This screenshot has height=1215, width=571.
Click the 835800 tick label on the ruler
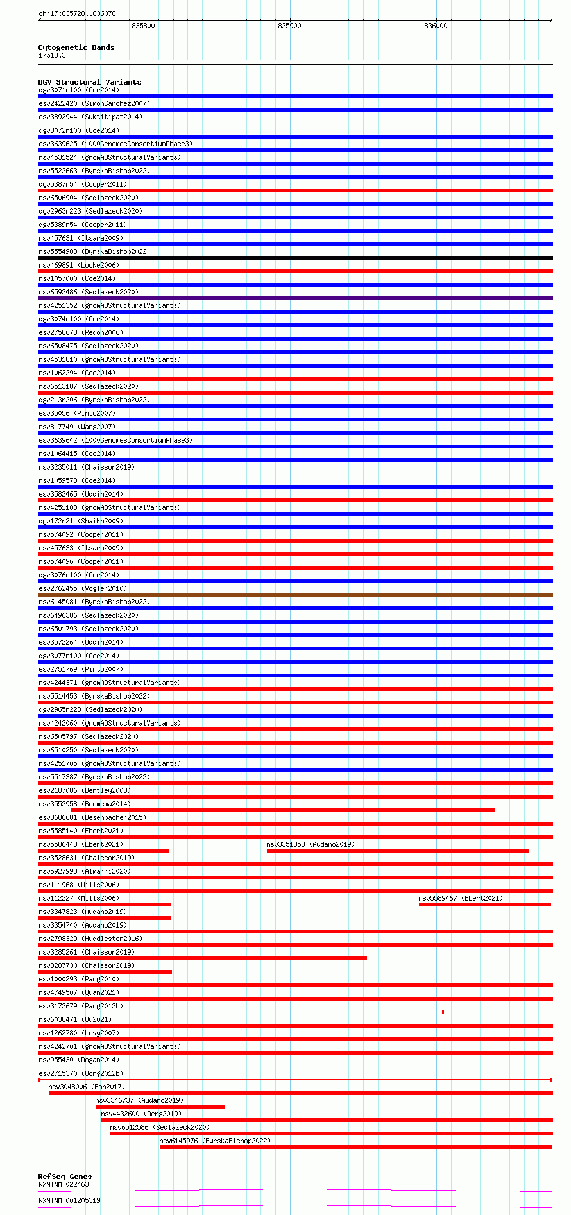(x=142, y=26)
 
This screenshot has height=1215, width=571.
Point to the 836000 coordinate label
(x=436, y=26)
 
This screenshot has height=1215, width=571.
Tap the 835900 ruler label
(x=289, y=26)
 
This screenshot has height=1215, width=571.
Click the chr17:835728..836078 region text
(x=77, y=13)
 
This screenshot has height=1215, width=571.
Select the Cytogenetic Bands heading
(x=76, y=47)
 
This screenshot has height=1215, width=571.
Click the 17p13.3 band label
(x=52, y=55)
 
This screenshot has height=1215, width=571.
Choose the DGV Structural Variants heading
(x=89, y=82)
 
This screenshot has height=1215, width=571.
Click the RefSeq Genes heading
(x=65, y=1177)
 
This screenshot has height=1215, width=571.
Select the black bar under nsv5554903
(x=295, y=258)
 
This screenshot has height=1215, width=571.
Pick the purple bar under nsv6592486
(x=295, y=298)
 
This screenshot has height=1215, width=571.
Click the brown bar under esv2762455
(x=295, y=595)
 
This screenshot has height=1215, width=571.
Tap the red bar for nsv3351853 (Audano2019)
(x=398, y=851)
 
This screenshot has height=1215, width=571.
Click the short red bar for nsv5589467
(x=484, y=905)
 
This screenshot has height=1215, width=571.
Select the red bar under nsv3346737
(x=160, y=1107)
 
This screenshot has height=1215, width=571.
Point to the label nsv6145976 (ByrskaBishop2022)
(x=215, y=1141)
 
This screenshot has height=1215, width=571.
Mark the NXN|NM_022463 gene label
(x=64, y=1184)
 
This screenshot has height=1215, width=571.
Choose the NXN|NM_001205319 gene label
(x=69, y=1200)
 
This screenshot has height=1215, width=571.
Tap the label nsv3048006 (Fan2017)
(x=87, y=1087)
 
